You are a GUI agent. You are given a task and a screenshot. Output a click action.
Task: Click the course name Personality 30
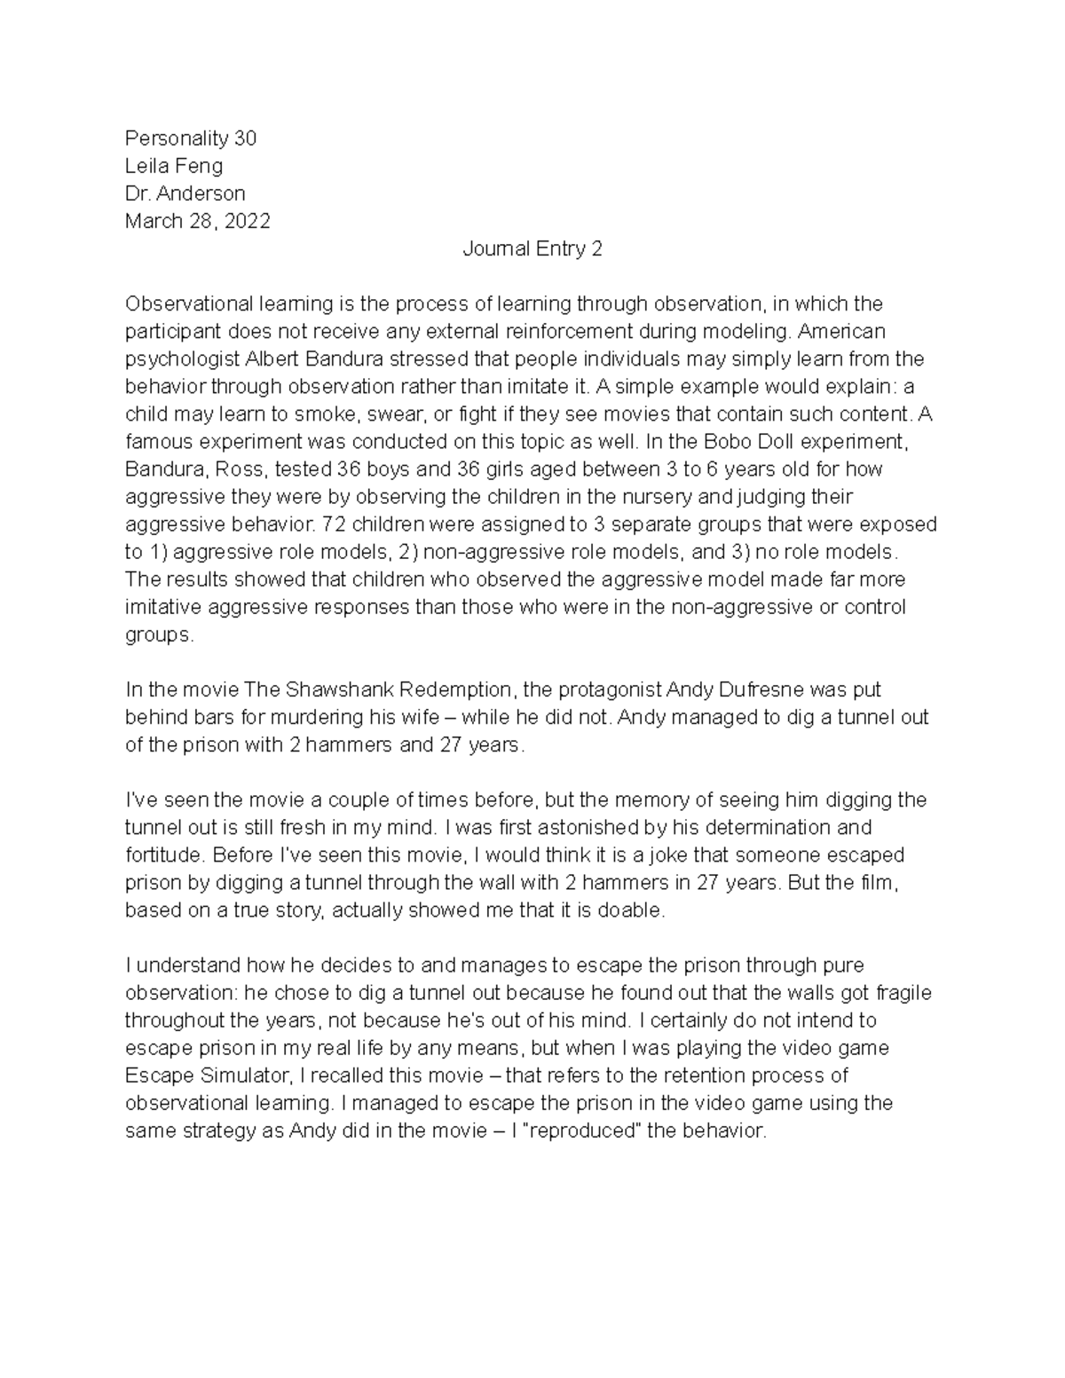pos(190,138)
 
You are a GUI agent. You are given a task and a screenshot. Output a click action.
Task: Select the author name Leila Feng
pos(174,166)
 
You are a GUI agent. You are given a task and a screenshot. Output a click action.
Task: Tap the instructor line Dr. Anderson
pos(185,193)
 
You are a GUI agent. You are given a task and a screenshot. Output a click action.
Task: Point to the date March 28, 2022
pos(197,221)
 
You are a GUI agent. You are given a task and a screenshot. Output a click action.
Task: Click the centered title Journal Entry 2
pos(532,248)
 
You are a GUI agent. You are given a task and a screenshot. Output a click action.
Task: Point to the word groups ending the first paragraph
pos(158,635)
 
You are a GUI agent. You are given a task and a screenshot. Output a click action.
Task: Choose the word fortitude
pos(162,855)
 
